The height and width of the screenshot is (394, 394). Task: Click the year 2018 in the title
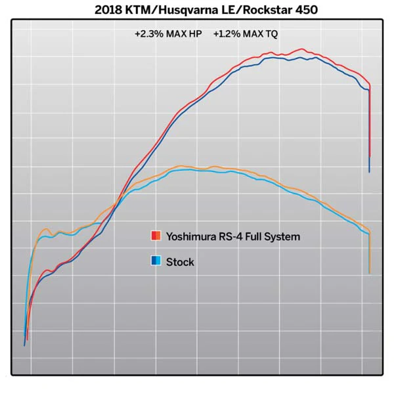[x=108, y=10]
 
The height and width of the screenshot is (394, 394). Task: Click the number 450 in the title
[x=307, y=10]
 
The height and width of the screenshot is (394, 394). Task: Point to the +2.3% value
[x=149, y=34]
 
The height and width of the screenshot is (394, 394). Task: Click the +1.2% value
[x=227, y=34]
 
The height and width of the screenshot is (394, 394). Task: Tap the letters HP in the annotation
[x=195, y=34]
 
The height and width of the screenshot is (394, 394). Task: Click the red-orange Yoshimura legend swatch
[x=156, y=236]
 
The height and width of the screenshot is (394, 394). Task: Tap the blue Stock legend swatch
[x=156, y=261]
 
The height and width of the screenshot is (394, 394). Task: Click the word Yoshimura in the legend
[x=191, y=236]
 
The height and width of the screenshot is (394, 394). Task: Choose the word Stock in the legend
[x=180, y=262]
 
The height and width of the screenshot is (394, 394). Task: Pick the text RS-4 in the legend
[x=230, y=236]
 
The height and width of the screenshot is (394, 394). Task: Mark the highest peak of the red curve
[x=301, y=49]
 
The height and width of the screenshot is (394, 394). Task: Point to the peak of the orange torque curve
[x=181, y=166]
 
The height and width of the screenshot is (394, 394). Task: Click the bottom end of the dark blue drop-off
[x=369, y=172]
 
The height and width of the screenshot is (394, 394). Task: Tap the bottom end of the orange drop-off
[x=370, y=273]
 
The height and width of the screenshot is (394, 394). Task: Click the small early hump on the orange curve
[x=46, y=229]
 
